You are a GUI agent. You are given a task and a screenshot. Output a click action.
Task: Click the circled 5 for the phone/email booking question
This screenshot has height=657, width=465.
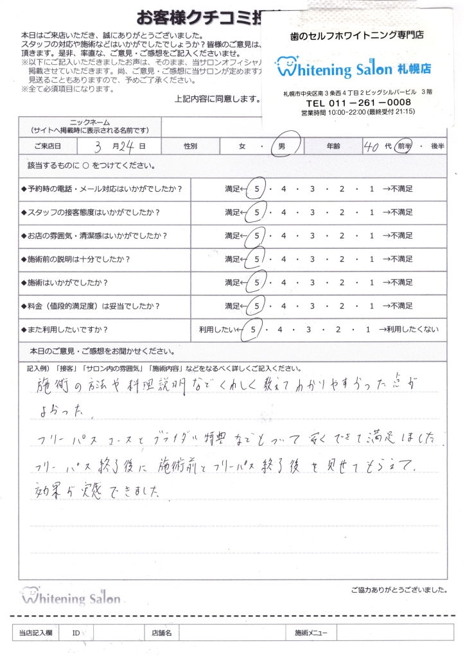tap(257, 189)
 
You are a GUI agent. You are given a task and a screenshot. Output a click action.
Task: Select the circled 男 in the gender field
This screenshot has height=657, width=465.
tap(282, 146)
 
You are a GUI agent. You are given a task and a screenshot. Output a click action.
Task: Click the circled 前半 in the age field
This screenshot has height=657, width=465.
tap(403, 146)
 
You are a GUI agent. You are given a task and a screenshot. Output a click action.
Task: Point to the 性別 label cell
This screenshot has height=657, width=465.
tap(190, 146)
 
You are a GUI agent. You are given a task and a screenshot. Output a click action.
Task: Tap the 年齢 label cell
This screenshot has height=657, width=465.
tap(333, 146)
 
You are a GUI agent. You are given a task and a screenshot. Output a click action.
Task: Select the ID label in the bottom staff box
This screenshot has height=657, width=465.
tap(76, 633)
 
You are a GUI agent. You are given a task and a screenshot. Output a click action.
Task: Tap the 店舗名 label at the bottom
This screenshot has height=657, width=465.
tap(161, 633)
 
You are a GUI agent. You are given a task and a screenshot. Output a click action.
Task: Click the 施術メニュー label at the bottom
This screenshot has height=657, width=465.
tap(311, 633)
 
